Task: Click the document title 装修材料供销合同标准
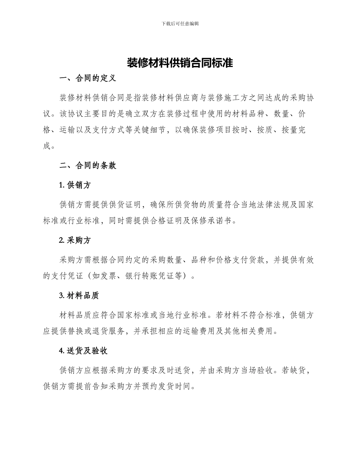(180, 63)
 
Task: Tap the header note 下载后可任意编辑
(180, 23)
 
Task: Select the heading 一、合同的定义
(88, 79)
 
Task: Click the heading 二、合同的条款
(88, 166)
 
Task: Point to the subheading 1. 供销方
(75, 185)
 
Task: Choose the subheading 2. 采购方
(75, 240)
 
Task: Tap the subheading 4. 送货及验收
(83, 350)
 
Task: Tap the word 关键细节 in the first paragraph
(147, 130)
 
